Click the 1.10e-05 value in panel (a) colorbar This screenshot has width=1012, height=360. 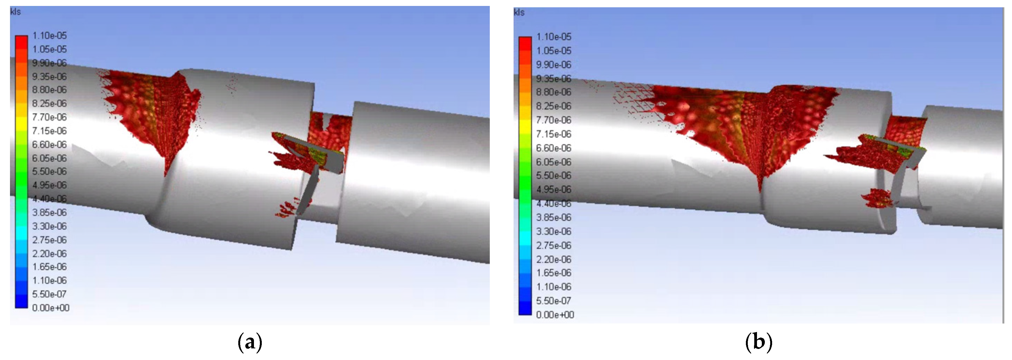[x=49, y=36]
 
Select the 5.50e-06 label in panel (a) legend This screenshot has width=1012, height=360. [x=49, y=171]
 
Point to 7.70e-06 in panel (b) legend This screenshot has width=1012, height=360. [x=554, y=120]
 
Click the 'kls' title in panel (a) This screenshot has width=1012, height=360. [x=15, y=12]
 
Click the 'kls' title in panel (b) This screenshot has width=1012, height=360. [x=519, y=13]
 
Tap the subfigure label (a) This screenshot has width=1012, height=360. [x=250, y=342]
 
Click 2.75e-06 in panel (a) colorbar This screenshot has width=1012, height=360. [x=49, y=240]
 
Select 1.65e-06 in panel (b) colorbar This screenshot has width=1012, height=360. [x=554, y=273]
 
